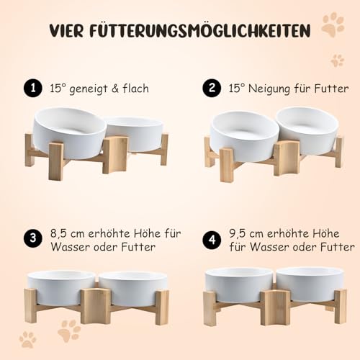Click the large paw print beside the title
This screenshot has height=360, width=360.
[332, 27]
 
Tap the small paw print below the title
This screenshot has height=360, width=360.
[337, 60]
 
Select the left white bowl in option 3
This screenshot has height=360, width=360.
[60, 287]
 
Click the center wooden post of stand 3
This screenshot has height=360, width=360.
[96, 305]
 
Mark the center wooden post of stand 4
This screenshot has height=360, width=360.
[275, 306]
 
